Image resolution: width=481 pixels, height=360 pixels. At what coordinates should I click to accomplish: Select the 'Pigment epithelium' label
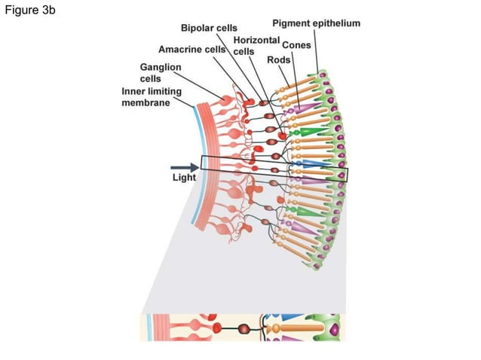tap(316, 23)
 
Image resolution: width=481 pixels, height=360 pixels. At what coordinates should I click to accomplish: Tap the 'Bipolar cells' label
tap(209, 29)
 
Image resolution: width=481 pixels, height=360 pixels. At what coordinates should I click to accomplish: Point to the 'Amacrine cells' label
tap(191, 50)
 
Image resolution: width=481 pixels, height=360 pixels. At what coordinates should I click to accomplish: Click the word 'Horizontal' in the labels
tap(256, 39)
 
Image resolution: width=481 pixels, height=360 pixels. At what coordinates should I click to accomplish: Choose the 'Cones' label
tap(296, 45)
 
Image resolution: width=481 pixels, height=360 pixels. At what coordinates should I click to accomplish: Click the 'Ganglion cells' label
tap(160, 72)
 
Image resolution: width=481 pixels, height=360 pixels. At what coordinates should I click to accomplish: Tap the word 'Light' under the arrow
tap(184, 178)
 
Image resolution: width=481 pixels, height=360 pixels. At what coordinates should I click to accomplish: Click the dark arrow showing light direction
tap(184, 166)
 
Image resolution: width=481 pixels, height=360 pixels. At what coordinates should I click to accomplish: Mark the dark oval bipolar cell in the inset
tap(244, 328)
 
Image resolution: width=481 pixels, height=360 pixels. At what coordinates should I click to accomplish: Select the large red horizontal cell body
tap(282, 135)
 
